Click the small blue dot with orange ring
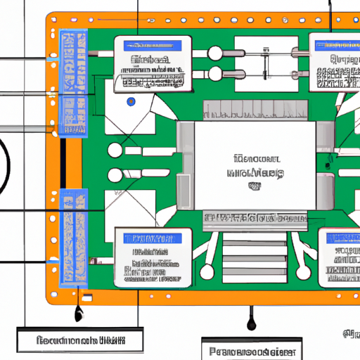click(x=130, y=102)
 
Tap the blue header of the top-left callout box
click(x=152, y=44)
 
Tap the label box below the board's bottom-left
click(x=78, y=341)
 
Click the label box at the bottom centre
click(x=252, y=349)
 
